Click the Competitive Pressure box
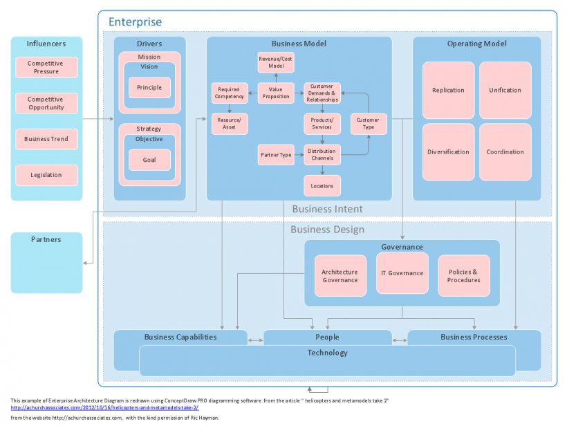click(x=46, y=67)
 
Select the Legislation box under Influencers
click(x=46, y=175)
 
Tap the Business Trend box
click(x=46, y=139)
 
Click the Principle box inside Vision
click(x=149, y=88)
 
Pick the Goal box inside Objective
click(x=149, y=159)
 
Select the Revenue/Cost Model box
click(x=276, y=62)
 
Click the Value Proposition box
click(x=276, y=93)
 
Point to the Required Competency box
click(x=229, y=93)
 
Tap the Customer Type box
click(x=368, y=124)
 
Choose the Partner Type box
click(x=276, y=155)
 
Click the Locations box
click(x=322, y=185)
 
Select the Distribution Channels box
click(x=322, y=155)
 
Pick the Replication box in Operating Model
click(x=448, y=90)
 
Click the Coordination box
click(x=505, y=151)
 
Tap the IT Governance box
click(x=402, y=273)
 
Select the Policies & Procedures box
click(x=463, y=275)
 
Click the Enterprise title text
click(x=135, y=23)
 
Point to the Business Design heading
click(x=327, y=230)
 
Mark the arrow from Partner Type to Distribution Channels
click(x=299, y=155)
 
